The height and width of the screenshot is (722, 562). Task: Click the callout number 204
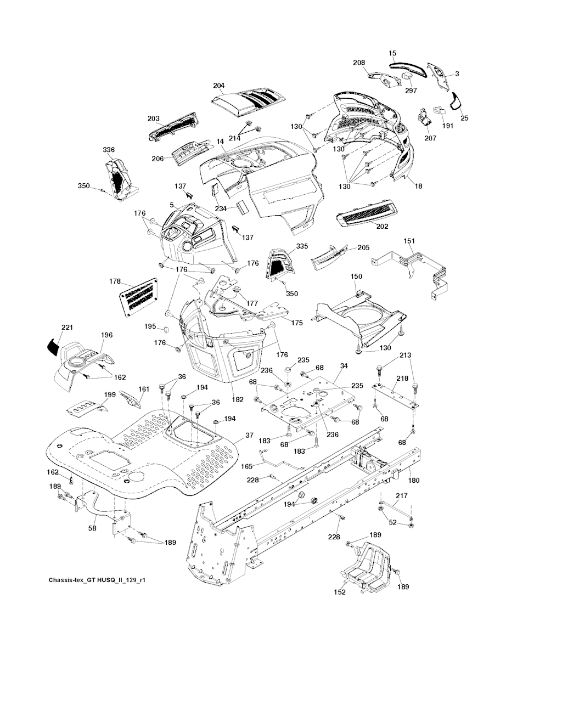click(219, 86)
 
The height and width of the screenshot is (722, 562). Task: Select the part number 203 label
click(154, 119)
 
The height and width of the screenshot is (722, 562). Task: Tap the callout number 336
click(109, 150)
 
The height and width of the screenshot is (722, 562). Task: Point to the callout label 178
click(115, 281)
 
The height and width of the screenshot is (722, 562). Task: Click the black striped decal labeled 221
click(52, 346)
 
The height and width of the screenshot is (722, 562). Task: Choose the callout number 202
click(383, 226)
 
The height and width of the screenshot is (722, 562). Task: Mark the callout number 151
click(409, 241)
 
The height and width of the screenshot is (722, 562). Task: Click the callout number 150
click(356, 277)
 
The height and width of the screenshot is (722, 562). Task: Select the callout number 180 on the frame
click(414, 481)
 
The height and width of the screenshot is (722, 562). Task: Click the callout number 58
click(93, 528)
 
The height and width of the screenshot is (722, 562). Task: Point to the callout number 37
click(249, 435)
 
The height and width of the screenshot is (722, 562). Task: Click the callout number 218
click(402, 379)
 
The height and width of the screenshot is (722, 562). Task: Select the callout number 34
click(344, 366)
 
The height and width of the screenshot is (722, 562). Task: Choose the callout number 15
click(392, 54)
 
